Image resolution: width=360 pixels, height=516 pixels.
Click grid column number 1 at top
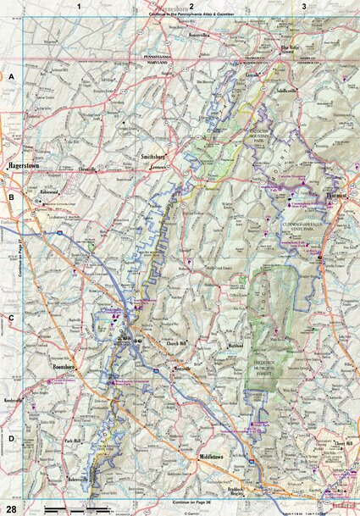pyautogui.click(x=78, y=6)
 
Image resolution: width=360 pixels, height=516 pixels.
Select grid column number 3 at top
pyautogui.click(x=304, y=6)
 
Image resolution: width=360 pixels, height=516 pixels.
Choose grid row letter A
pyautogui.click(x=12, y=76)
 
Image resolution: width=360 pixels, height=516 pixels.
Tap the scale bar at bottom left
pyautogui.click(x=76, y=508)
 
